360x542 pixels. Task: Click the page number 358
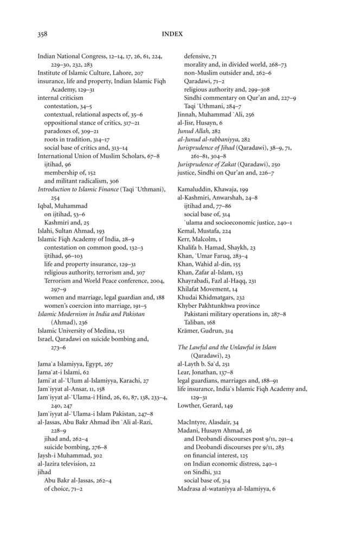pos(42,34)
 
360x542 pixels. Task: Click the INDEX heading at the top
pos(172,34)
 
